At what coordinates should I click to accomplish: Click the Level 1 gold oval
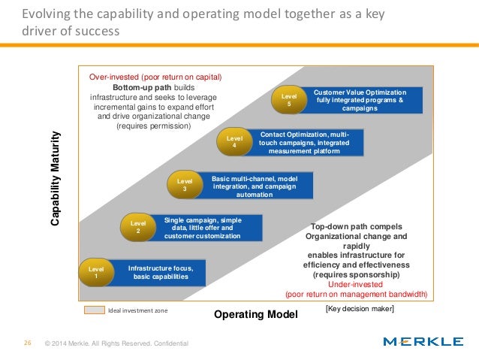(95, 273)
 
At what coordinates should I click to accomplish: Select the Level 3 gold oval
(184, 185)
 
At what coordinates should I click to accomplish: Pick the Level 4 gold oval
(234, 142)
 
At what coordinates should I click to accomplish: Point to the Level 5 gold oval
(289, 100)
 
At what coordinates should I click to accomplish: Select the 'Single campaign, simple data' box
(202, 227)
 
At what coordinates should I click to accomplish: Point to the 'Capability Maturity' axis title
(56, 180)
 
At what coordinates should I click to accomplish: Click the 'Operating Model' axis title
(256, 313)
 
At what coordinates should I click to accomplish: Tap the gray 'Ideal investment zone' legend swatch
(93, 310)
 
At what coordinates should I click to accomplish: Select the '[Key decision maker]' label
(360, 308)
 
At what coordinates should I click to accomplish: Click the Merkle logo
(423, 342)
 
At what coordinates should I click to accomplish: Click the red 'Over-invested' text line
(156, 76)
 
